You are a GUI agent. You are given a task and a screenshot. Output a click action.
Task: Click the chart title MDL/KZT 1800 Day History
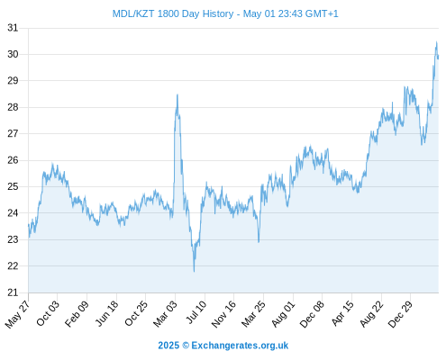click(173, 13)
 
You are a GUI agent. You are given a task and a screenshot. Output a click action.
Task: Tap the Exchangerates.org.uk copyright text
click(223, 346)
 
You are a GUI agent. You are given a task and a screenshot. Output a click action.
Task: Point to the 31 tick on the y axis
click(13, 28)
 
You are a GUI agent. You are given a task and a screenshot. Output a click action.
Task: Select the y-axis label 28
click(13, 107)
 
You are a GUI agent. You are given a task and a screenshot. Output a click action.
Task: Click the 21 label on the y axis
click(13, 292)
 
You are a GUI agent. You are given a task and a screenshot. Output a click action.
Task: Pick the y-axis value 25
click(13, 186)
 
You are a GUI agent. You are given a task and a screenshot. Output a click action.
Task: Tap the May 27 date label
click(17, 314)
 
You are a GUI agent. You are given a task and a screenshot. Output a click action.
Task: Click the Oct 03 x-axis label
click(48, 313)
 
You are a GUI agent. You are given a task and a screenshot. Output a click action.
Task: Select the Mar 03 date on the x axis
click(166, 313)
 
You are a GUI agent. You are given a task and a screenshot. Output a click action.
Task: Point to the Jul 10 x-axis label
click(196, 312)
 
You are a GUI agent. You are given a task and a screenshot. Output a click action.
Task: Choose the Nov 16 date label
click(223, 314)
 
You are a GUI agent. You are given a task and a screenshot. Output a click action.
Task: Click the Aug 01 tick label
click(283, 314)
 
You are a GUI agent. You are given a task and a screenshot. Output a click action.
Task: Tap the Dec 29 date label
click(400, 314)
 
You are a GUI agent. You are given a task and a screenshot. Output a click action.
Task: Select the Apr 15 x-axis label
click(342, 313)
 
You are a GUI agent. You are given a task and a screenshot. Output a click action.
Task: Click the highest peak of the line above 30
click(436, 42)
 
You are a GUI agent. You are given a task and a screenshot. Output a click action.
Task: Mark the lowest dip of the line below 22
click(194, 272)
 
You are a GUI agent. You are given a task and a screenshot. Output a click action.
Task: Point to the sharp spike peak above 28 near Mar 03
click(177, 94)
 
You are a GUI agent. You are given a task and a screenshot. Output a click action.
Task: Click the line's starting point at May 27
click(29, 224)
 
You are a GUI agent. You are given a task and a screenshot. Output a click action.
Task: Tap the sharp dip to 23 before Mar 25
click(259, 242)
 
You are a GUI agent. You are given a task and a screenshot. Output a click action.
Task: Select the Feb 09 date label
click(77, 313)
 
